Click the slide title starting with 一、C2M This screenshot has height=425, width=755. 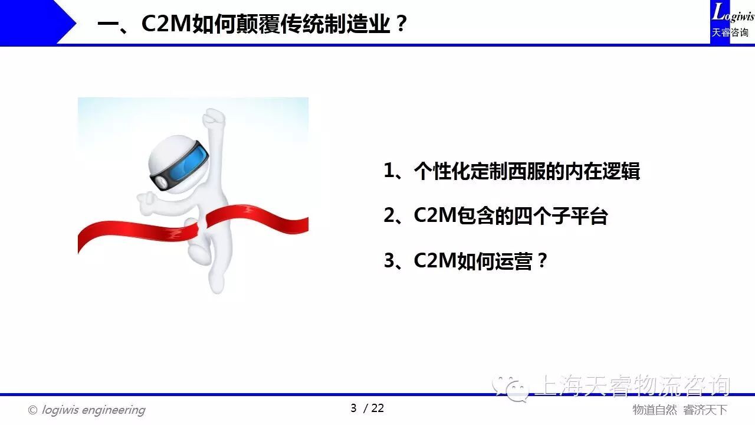(252, 24)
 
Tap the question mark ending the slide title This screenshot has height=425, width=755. (401, 23)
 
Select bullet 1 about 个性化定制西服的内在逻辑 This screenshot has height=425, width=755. (511, 171)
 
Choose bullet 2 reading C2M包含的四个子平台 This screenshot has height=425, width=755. (495, 215)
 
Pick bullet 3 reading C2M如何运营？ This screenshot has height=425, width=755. (465, 260)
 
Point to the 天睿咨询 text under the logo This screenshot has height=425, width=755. (730, 32)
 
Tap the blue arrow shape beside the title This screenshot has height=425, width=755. (38, 22)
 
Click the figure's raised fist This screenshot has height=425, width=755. (214, 117)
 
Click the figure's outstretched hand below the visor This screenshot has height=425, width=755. (146, 202)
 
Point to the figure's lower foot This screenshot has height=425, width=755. (216, 284)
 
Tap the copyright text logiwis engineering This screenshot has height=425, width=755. (93, 410)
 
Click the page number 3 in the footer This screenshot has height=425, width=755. (353, 408)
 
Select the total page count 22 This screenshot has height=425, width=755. (377, 408)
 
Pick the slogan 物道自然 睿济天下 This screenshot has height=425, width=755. (679, 410)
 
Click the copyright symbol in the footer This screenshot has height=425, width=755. (32, 410)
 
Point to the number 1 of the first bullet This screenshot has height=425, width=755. (389, 171)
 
